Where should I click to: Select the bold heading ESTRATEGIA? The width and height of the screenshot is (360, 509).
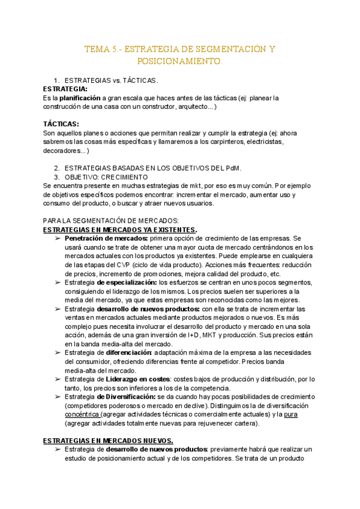pyautogui.click(x=65, y=89)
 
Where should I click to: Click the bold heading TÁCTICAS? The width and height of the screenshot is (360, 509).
pyautogui.click(x=62, y=124)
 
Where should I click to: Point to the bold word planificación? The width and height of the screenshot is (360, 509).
pyautogui.click(x=79, y=97)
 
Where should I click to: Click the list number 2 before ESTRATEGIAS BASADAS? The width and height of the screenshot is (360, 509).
pyautogui.click(x=56, y=167)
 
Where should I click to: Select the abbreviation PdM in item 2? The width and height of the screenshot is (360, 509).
pyautogui.click(x=232, y=167)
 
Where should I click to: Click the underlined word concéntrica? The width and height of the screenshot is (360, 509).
pyautogui.click(x=82, y=414)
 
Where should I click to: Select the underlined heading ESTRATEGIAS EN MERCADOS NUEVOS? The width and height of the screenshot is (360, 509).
pyautogui.click(x=108, y=441)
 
